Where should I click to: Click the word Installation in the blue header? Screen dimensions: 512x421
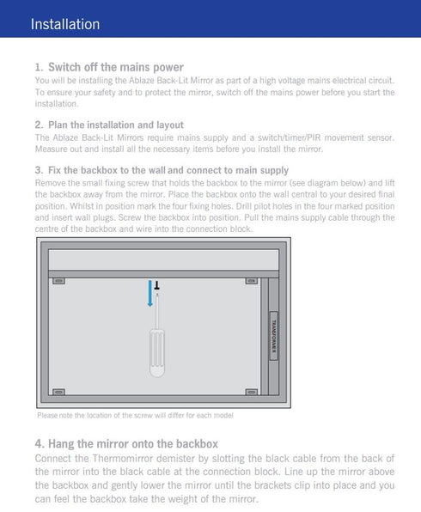[65, 24]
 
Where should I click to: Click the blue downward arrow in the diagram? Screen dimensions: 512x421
[149, 294]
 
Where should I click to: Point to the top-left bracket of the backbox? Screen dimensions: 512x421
[58, 281]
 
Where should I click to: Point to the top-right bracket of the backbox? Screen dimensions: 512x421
[251, 281]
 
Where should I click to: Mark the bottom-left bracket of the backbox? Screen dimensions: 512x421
[58, 392]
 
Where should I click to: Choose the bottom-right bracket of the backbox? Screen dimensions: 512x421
[251, 392]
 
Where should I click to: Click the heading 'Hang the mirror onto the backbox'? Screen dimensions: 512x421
[133, 444]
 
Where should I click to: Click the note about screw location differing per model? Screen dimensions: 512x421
[135, 416]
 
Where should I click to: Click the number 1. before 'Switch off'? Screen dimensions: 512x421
[40, 67]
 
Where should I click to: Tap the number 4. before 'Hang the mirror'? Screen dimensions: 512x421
[40, 444]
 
